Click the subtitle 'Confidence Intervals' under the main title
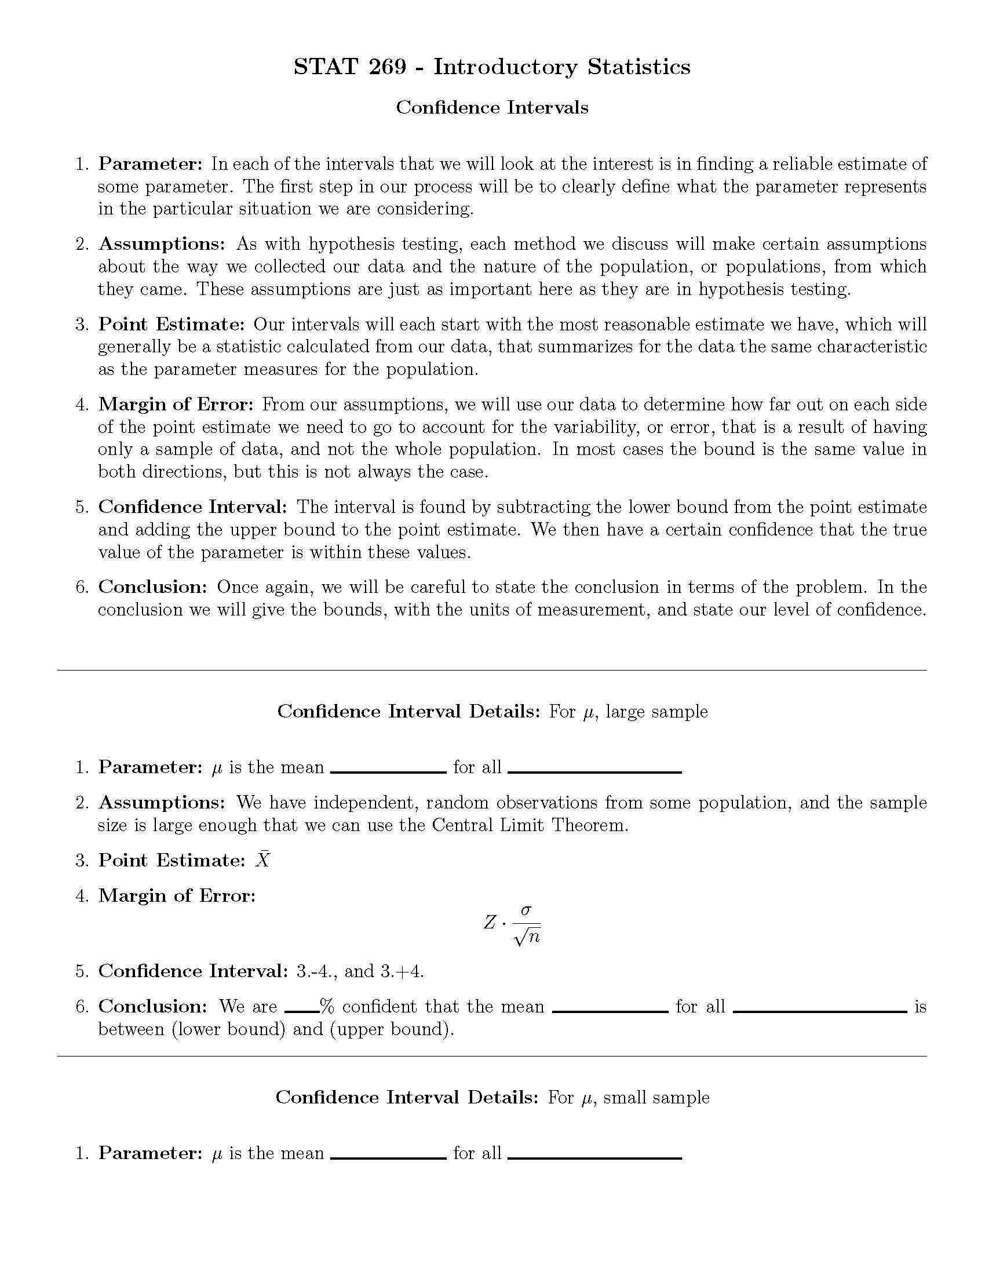[492, 107]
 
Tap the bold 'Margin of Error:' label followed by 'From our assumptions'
[176, 404]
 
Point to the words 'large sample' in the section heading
[656, 712]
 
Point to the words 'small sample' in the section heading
[656, 1098]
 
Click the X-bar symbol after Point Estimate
[263, 860]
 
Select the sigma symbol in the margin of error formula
[526, 909]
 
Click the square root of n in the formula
[527, 937]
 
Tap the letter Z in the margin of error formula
[490, 923]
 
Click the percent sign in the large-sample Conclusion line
[327, 1007]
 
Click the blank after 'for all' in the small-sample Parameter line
[594, 1158]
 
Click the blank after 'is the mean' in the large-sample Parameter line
[388, 772]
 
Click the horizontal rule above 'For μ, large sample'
[492, 670]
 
